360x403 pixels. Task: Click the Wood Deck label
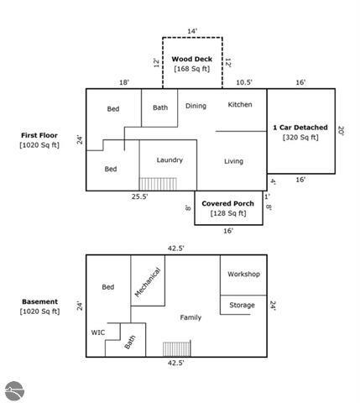tap(192, 59)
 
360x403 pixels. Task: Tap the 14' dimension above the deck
tap(192, 31)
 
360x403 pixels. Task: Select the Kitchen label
tap(240, 105)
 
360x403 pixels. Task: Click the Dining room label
tap(196, 106)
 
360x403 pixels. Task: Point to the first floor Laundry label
tap(170, 160)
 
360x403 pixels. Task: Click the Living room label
tap(233, 161)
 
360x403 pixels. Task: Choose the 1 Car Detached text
tap(300, 128)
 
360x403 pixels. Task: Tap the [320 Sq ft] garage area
tap(300, 138)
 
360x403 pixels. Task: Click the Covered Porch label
tap(227, 203)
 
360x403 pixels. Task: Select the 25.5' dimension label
tap(139, 196)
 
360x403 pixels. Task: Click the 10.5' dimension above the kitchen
tap(244, 82)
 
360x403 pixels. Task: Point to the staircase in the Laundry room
tap(158, 184)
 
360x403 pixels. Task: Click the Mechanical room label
tap(148, 282)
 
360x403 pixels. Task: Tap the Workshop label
tap(243, 274)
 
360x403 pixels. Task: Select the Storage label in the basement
tap(242, 305)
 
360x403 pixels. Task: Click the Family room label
tap(190, 317)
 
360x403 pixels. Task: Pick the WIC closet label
tap(98, 332)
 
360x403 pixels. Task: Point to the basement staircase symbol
tap(177, 348)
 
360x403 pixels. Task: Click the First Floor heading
tap(39, 135)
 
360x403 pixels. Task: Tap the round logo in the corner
tap(14, 390)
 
